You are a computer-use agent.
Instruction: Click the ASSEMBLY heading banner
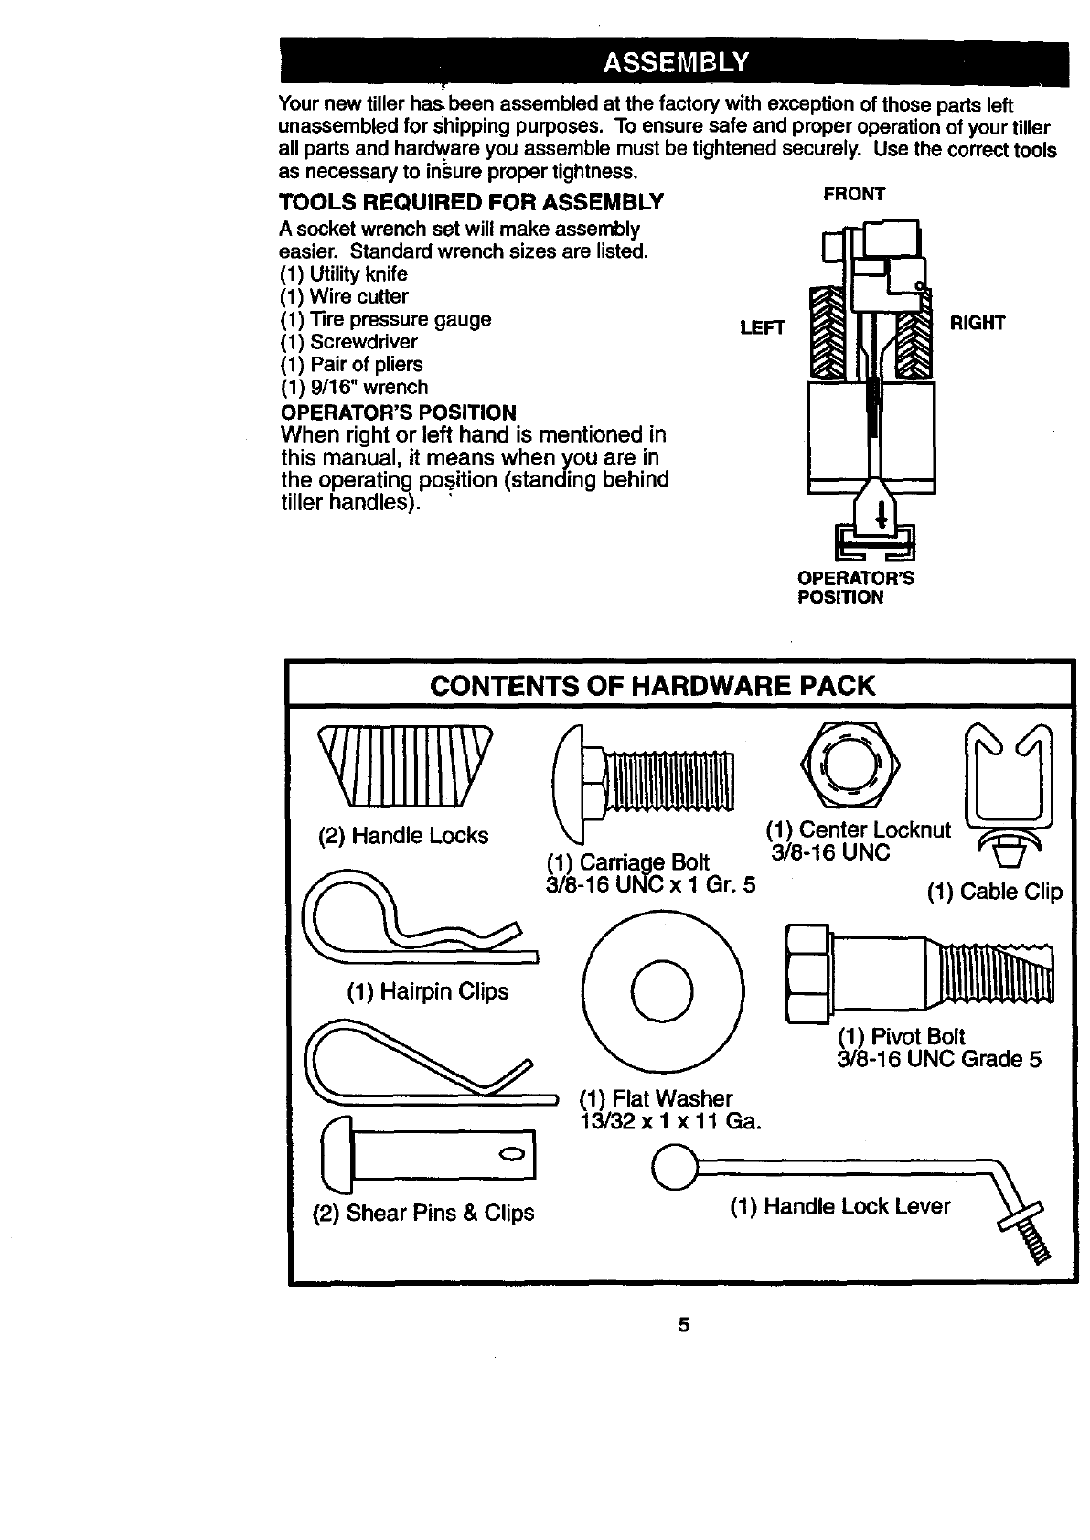pos(675,62)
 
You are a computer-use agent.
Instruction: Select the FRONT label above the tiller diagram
pos(854,194)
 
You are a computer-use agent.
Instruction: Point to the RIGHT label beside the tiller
pos(978,323)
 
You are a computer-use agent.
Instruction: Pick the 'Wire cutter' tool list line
pos(345,296)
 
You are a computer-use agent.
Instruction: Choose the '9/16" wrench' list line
pos(354,387)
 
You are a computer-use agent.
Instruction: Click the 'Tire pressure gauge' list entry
pos(385,319)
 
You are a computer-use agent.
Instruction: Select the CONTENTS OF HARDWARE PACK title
pos(652,686)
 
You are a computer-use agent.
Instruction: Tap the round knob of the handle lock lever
pos(674,1168)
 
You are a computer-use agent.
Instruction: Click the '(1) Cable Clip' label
pos(995,892)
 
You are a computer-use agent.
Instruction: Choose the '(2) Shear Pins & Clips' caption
pos(423,1213)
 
